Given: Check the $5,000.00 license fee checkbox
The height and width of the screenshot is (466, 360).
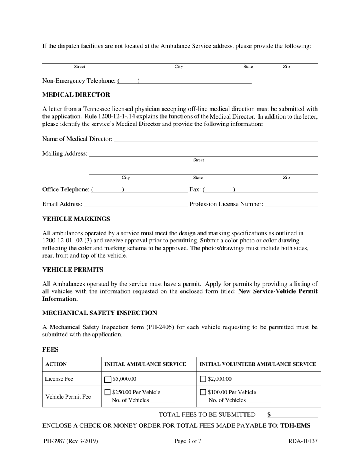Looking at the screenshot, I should click(108, 379).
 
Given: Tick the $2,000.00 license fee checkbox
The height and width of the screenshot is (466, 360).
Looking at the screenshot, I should click(203, 379).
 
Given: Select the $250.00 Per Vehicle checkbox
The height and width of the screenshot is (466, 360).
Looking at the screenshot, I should click(108, 393).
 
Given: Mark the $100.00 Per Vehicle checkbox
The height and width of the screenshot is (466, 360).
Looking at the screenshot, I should click(203, 393).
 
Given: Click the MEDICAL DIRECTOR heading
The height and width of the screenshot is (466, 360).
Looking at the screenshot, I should click(76, 95).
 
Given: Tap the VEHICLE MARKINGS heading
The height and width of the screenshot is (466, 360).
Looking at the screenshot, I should click(76, 219).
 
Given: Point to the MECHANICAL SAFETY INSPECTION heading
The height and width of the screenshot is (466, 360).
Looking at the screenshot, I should click(99, 313).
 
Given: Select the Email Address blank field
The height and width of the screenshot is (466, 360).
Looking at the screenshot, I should click(136, 205).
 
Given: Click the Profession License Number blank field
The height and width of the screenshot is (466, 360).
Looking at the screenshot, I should click(291, 205).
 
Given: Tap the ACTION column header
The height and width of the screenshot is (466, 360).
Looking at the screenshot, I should click(56, 364).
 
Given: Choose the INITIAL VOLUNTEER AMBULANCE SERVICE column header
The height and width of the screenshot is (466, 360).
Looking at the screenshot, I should click(258, 364).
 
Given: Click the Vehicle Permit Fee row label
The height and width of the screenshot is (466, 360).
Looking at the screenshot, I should click(68, 397).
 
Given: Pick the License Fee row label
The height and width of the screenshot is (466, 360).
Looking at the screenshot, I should click(59, 379).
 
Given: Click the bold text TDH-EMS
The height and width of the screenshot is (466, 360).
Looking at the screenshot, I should click(295, 425).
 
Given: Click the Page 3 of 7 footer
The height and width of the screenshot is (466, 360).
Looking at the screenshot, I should click(188, 441).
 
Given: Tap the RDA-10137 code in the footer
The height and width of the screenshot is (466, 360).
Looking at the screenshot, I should click(302, 441).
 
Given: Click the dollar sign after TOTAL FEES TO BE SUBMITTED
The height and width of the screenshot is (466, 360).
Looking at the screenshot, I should click(269, 415).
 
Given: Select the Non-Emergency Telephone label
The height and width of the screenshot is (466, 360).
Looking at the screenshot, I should click(79, 81).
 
